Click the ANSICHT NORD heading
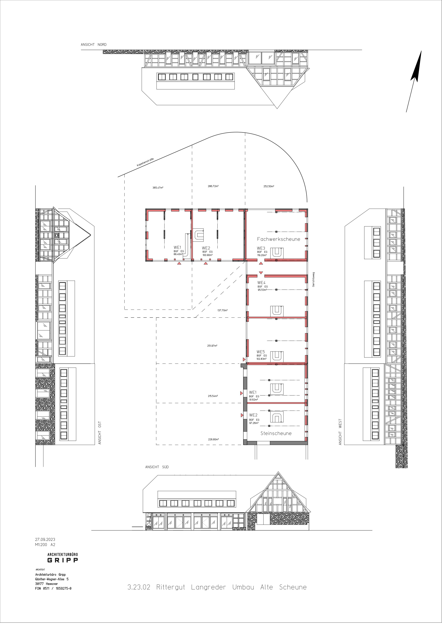point(94,44)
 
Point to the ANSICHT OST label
point(100,433)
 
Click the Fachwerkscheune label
point(279,239)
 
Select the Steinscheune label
point(276,433)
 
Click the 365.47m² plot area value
point(158,188)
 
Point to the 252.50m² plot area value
point(269,186)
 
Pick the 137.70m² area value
point(222,310)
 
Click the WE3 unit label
point(261,248)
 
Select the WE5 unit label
point(261,352)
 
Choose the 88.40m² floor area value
point(178,254)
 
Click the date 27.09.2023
point(45,539)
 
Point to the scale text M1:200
point(41,544)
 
